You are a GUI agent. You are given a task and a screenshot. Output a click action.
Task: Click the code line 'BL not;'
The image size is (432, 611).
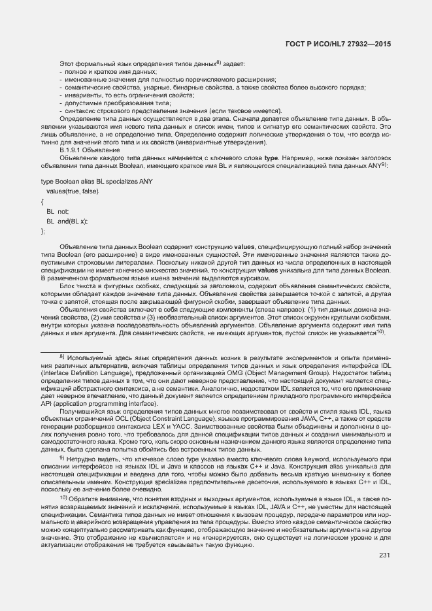pyautogui.click(x=58, y=212)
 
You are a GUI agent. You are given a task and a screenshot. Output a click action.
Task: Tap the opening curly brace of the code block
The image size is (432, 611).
pyautogui.click(x=42, y=202)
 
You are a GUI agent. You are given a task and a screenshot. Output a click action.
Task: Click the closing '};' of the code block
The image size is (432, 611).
pyautogui.click(x=44, y=231)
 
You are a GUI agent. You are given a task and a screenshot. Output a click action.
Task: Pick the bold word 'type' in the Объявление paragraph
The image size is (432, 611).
pyautogui.click(x=271, y=157)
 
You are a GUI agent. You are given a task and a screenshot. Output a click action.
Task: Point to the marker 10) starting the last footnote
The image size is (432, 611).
pyautogui.click(x=63, y=498)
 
